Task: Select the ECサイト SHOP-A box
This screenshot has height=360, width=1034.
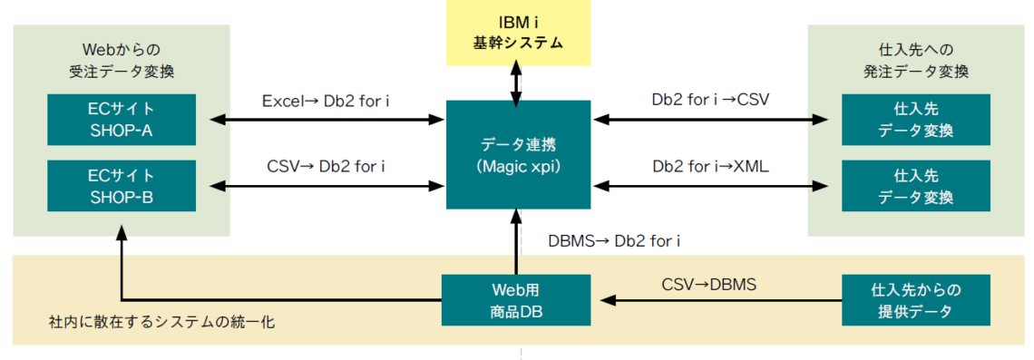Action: click(122, 119)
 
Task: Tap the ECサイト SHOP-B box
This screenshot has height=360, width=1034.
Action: click(122, 185)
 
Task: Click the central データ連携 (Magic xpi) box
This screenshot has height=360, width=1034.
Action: click(517, 154)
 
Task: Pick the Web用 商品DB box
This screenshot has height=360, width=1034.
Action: click(516, 300)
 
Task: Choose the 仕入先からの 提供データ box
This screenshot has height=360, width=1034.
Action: click(915, 300)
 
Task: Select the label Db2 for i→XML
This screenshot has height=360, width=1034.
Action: click(710, 166)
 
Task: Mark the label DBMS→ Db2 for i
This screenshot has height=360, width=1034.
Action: click(614, 241)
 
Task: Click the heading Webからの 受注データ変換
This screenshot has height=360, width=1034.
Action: click(122, 61)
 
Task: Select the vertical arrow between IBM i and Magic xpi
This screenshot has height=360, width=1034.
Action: click(517, 83)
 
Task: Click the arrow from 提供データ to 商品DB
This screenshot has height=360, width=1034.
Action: click(717, 300)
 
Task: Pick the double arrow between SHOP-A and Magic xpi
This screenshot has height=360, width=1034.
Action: click(327, 119)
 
